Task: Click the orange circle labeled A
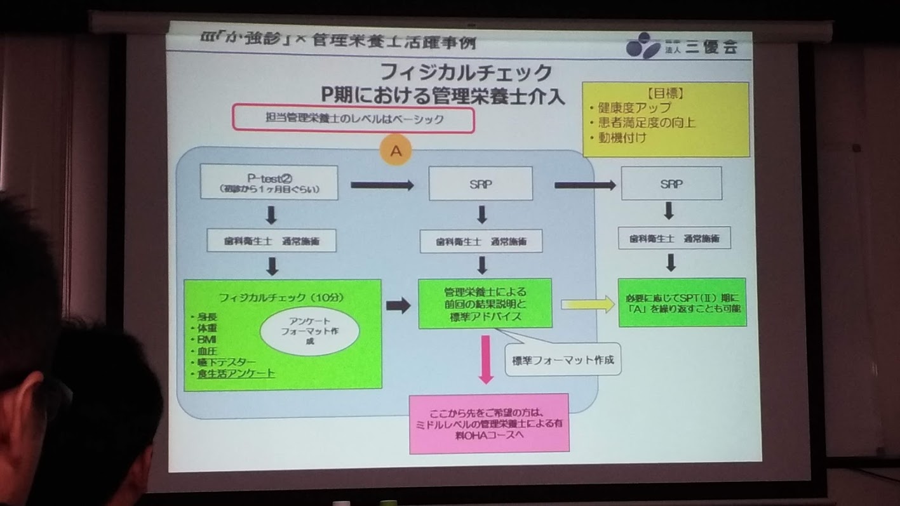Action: [396, 152]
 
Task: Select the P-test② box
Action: [269, 182]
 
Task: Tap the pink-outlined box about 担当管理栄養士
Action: [353, 119]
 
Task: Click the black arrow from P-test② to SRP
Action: [382, 185]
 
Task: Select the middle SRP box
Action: [480, 183]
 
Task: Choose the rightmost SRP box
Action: [671, 183]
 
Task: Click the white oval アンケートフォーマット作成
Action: [309, 331]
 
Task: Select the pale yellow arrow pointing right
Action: [588, 305]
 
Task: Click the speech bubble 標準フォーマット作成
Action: [563, 361]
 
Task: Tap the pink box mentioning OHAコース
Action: [488, 423]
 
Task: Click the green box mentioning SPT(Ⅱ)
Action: [682, 302]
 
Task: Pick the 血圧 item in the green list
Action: [206, 350]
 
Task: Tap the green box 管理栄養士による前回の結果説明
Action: [485, 303]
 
